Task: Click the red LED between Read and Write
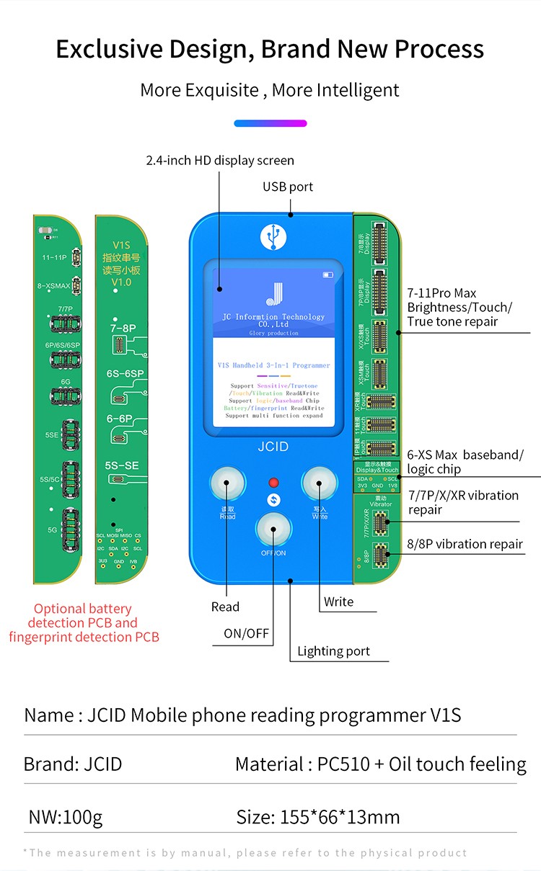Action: [273, 483]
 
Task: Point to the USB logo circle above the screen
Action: [273, 235]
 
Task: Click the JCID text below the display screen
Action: [273, 447]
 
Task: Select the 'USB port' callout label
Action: [288, 187]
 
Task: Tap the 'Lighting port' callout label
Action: [333, 651]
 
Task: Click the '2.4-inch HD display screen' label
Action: [220, 160]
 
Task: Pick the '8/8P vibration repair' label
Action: [465, 544]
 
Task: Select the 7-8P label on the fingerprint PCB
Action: [123, 328]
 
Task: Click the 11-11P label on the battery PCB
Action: [54, 257]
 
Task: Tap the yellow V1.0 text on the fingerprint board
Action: [122, 282]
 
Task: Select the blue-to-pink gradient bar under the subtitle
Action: [270, 123]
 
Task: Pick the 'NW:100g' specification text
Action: [65, 817]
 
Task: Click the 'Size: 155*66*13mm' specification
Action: [318, 817]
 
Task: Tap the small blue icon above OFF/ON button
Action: [273, 501]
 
